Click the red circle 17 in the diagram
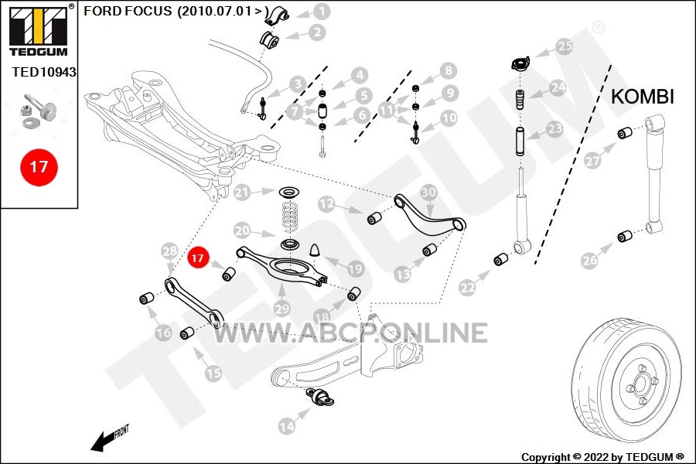coord(197,258)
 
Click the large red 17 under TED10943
coord(39,167)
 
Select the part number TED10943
coord(44,72)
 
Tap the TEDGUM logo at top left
coord(39,30)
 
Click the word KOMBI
coord(643,97)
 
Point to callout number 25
coord(565,46)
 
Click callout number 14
coord(287,427)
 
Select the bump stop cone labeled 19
coord(316,251)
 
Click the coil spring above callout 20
coord(291,217)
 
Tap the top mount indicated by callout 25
coord(520,63)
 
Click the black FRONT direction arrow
coord(104,441)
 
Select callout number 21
coord(242,193)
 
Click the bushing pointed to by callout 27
coord(625,133)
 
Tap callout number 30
coord(428,193)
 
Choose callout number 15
coord(213,373)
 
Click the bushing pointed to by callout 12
coord(374,218)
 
